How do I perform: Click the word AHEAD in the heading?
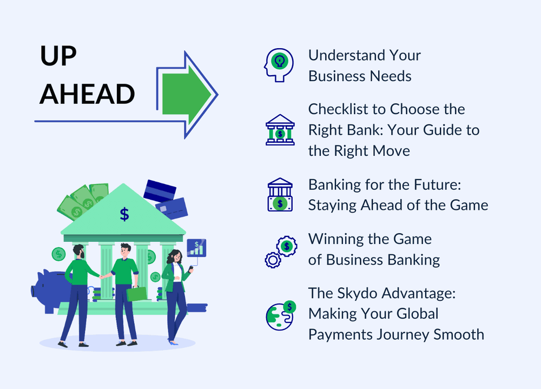[x=87, y=94]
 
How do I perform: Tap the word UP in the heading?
[x=58, y=56]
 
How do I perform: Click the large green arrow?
[x=187, y=94]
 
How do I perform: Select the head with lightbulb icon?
[x=279, y=65]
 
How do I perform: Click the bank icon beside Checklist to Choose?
[x=280, y=130]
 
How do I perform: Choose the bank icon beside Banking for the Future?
[x=280, y=195]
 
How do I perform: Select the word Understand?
[x=346, y=55]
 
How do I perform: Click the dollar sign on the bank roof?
[x=124, y=214]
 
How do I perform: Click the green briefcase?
[x=137, y=294]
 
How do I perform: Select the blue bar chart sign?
[x=196, y=248]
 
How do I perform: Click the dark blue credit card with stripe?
[x=160, y=191]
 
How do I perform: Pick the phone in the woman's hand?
[x=191, y=267]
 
